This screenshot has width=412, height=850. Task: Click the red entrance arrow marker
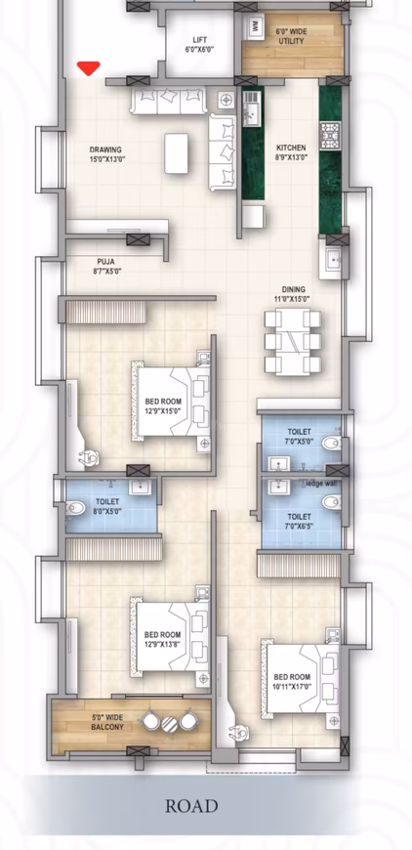pyautogui.click(x=89, y=68)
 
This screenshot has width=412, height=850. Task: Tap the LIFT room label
pyautogui.click(x=200, y=45)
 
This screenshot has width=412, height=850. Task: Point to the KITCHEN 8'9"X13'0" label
pyautogui.click(x=290, y=152)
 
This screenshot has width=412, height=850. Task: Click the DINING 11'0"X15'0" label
pyautogui.click(x=293, y=294)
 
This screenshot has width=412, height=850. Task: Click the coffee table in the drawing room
pyautogui.click(x=178, y=150)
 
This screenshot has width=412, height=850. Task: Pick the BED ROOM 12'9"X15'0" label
pyautogui.click(x=164, y=406)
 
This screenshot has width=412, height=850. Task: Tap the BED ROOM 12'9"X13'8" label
pyautogui.click(x=161, y=612)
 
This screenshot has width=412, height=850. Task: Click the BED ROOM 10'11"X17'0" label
pyautogui.click(x=292, y=681)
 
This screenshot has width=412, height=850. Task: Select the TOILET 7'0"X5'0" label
pyautogui.click(x=299, y=437)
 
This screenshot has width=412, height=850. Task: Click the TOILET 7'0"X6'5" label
pyautogui.click(x=299, y=520)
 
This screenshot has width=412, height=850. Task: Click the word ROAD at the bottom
pyautogui.click(x=191, y=806)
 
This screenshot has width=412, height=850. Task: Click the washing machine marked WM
pyautogui.click(x=257, y=25)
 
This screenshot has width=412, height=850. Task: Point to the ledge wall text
pyautogui.click(x=318, y=483)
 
